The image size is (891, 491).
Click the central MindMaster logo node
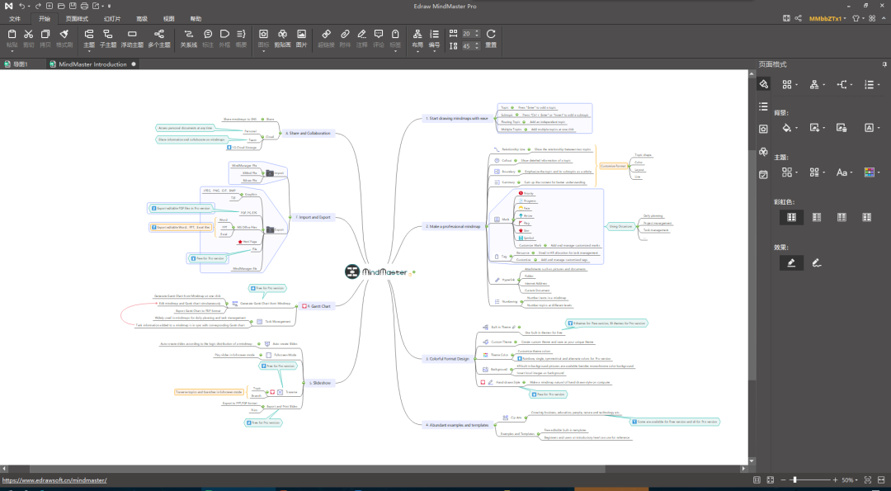point(377,271)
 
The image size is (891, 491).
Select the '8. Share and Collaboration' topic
point(307,132)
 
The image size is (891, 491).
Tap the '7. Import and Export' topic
point(313,217)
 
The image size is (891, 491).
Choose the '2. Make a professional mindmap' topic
point(453,225)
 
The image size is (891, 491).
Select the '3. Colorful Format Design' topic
point(449,359)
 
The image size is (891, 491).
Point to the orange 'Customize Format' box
point(613,166)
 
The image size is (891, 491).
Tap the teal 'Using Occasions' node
point(620,225)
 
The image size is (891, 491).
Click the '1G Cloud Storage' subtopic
point(243,147)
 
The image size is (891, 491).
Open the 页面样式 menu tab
point(77,18)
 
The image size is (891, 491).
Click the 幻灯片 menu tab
point(112,18)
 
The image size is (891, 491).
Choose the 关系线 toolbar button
point(189,39)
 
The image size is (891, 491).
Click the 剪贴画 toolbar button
point(282,39)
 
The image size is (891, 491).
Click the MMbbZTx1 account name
point(825,18)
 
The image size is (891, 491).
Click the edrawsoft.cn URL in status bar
point(54,480)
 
